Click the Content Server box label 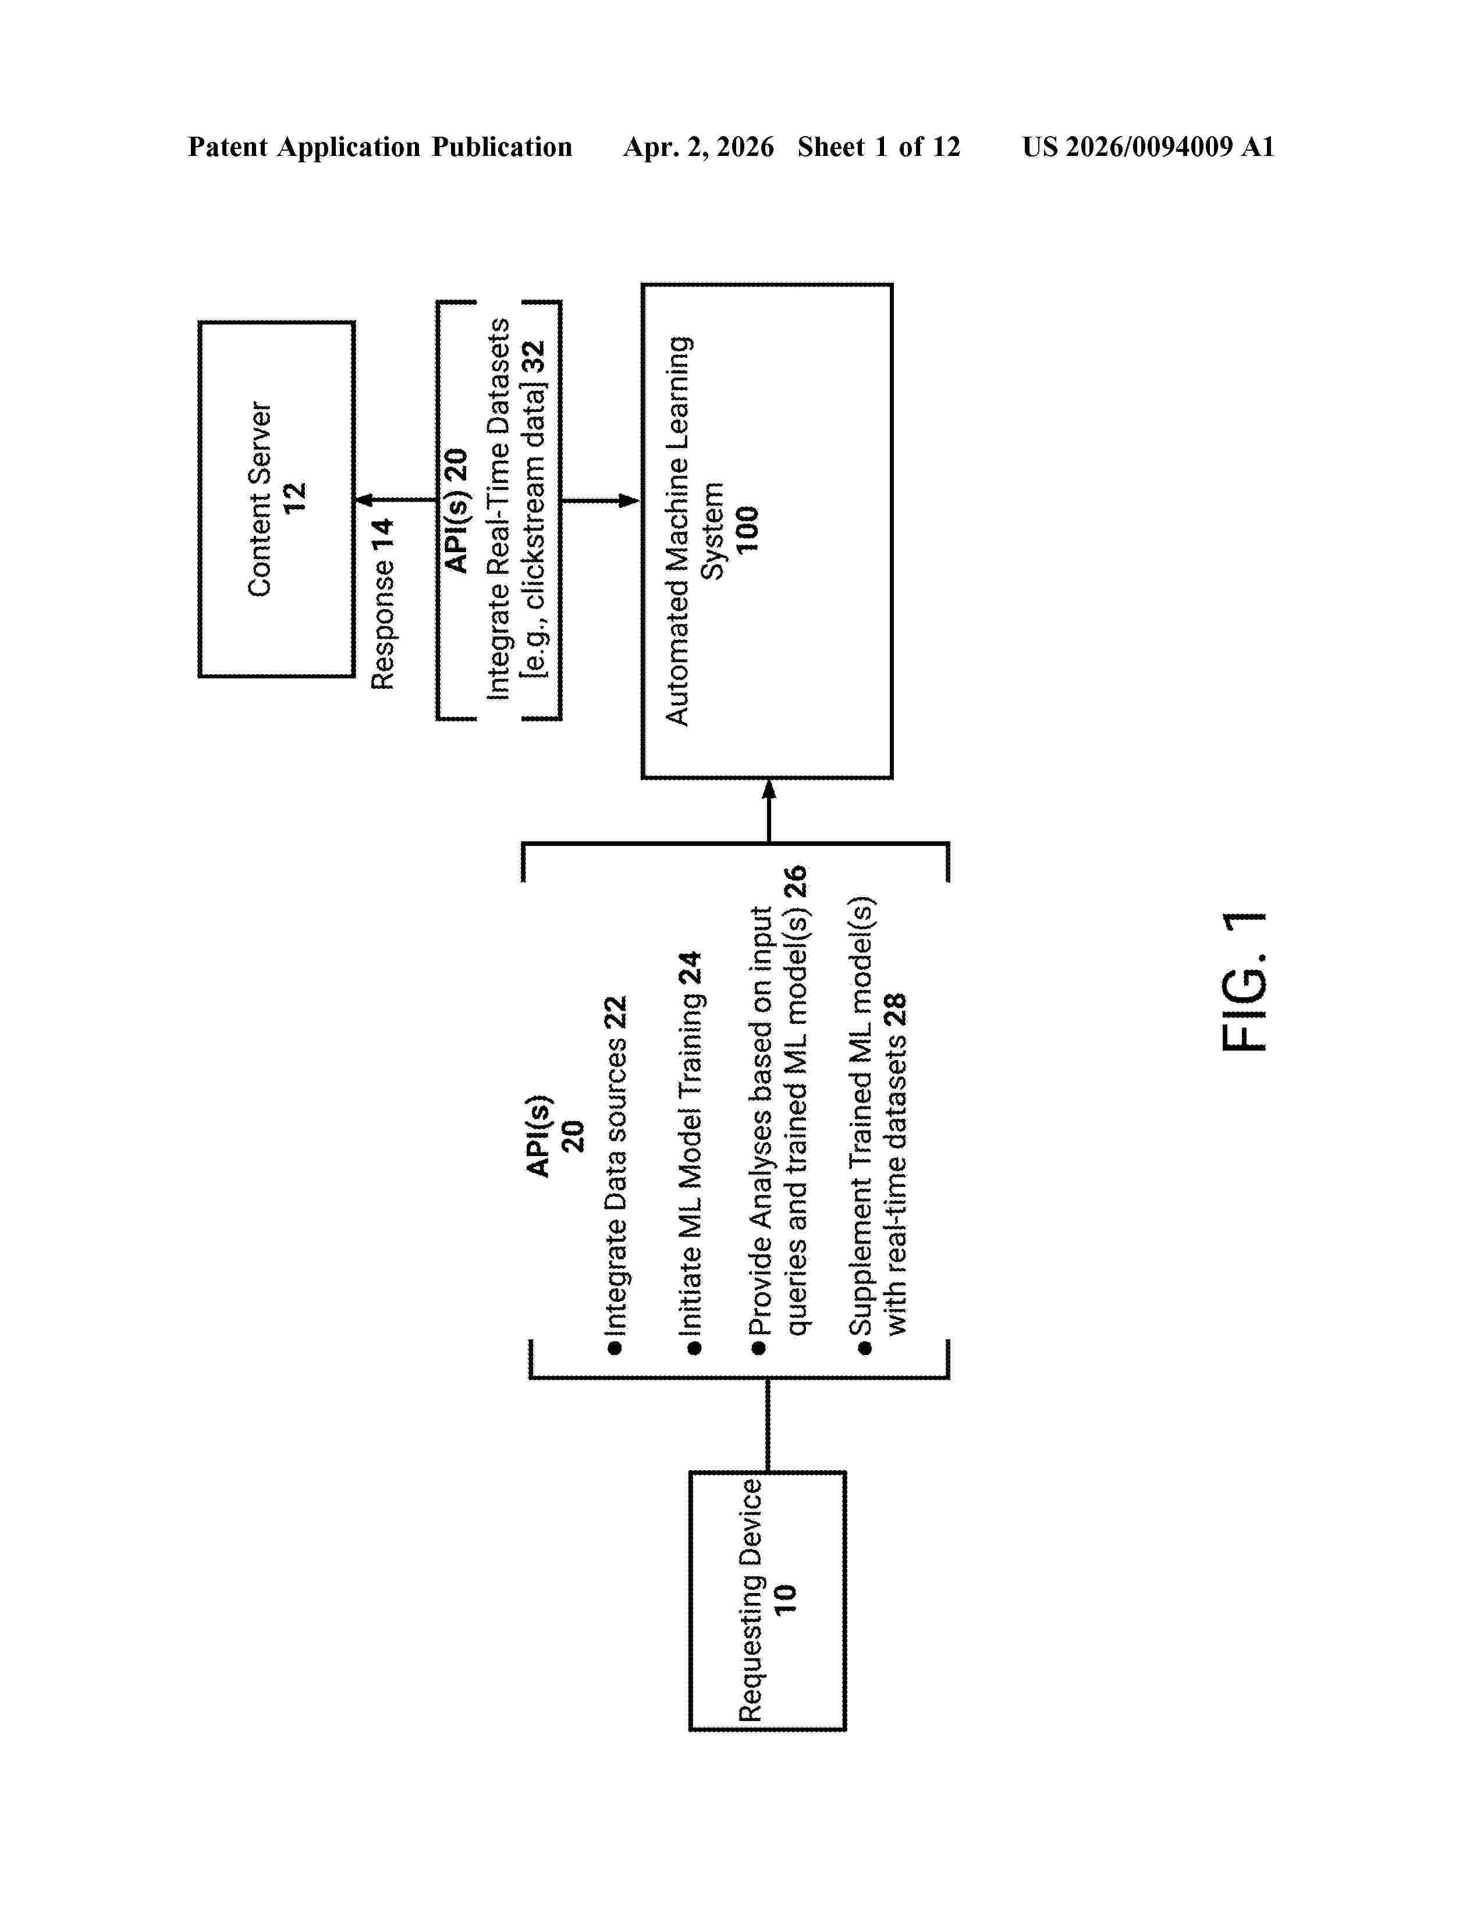click(x=260, y=499)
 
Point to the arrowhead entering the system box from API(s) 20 click(x=630, y=501)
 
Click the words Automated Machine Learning click(x=678, y=531)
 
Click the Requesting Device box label click(x=750, y=1600)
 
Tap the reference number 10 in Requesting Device click(x=784, y=1599)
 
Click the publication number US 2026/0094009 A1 click(x=1148, y=147)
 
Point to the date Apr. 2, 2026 click(x=699, y=147)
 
